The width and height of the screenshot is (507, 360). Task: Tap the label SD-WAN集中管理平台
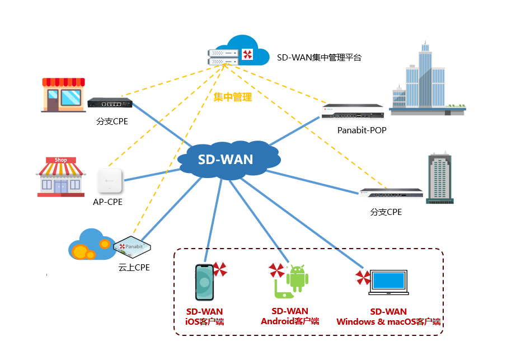coord(320,57)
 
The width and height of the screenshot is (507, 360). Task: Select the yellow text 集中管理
coord(233,97)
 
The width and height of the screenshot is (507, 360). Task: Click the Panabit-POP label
coord(362,130)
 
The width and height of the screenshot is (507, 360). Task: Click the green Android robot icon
coord(297,278)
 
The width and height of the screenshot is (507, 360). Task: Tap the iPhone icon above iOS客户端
coord(204,282)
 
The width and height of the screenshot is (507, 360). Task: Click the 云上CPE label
coord(134,267)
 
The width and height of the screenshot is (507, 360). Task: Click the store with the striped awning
coord(63,95)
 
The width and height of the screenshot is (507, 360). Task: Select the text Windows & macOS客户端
coord(388,322)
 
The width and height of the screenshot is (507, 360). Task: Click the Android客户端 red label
coord(290,321)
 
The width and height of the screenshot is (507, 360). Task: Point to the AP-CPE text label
coord(107,202)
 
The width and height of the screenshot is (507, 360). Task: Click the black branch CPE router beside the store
coord(110,102)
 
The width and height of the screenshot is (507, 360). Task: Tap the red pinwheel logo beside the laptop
coord(363,277)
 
